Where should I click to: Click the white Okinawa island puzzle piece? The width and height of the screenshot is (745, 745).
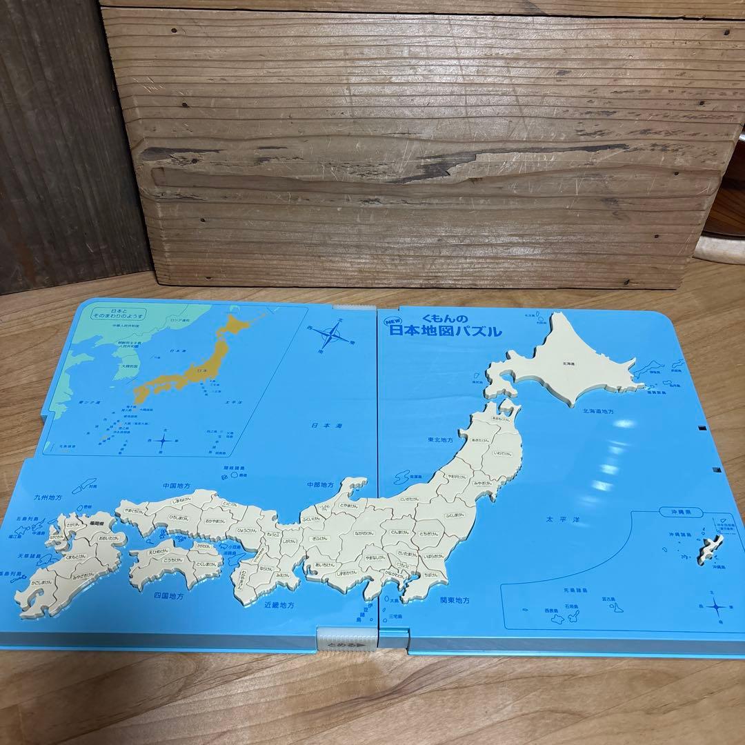[708, 552]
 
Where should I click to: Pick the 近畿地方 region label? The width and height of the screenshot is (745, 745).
[279, 605]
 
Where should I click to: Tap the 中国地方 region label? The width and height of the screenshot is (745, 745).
[176, 486]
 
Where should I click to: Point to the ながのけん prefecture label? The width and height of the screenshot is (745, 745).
[366, 533]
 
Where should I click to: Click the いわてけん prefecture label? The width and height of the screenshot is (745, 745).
[501, 453]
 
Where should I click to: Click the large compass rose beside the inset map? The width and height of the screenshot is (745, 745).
[329, 337]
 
